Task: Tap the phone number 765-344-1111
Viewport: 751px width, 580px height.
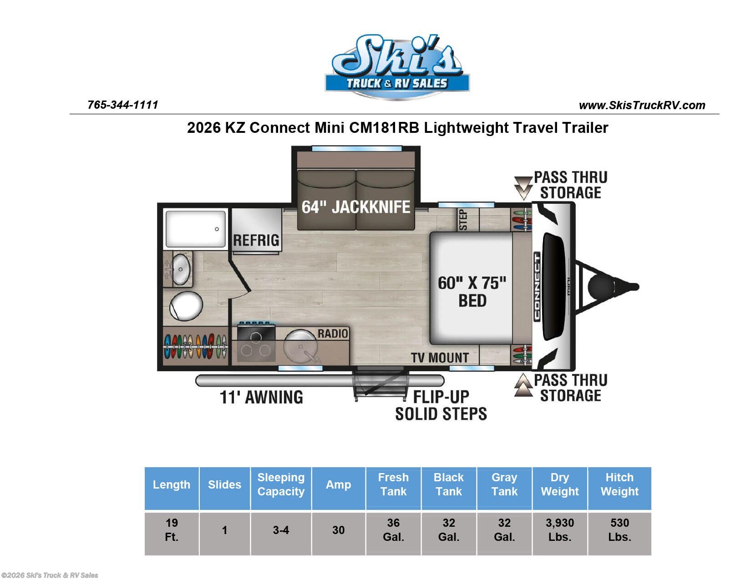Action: tap(122, 105)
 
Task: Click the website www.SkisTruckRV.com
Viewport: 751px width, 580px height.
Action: tap(642, 106)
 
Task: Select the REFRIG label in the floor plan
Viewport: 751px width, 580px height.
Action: tap(256, 240)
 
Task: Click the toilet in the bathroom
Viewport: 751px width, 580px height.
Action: tap(186, 306)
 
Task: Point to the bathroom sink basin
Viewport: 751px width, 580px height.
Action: tap(181, 269)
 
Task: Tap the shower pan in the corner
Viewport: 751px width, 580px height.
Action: tap(195, 229)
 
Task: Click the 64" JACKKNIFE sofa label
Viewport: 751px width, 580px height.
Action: tap(356, 207)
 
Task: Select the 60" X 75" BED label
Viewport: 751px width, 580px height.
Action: tap(472, 292)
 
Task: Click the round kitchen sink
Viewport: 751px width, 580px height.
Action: tap(300, 347)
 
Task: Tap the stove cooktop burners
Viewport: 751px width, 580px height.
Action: tap(256, 344)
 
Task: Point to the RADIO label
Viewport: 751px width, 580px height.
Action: tap(333, 333)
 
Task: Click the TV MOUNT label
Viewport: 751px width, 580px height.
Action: tap(440, 358)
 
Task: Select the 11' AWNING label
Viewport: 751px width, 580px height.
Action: tap(261, 397)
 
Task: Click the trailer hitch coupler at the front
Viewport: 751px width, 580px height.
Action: tap(633, 287)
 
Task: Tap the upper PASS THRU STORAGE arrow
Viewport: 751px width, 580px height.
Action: tap(523, 187)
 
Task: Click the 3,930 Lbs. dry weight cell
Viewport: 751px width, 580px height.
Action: tap(559, 530)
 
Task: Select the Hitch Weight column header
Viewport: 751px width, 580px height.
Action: tap(619, 484)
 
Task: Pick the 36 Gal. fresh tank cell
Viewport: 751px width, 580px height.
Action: tap(393, 530)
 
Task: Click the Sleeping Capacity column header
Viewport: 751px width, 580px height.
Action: tap(281, 484)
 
